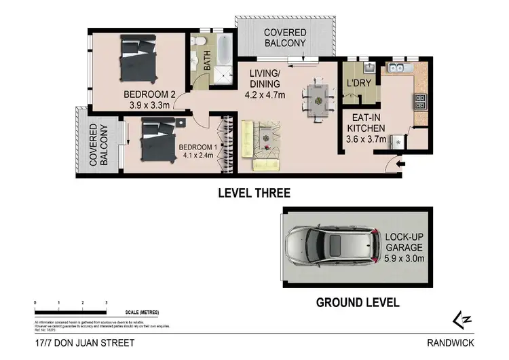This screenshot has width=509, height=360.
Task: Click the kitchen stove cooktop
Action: click(x=420, y=102)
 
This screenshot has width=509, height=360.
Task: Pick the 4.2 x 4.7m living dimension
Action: click(x=265, y=94)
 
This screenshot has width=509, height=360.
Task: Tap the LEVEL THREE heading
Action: click(x=254, y=193)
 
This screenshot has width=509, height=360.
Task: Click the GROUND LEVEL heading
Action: click(x=358, y=302)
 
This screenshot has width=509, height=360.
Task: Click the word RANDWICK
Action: click(x=450, y=343)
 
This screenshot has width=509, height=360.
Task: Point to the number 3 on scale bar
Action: click(x=106, y=301)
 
